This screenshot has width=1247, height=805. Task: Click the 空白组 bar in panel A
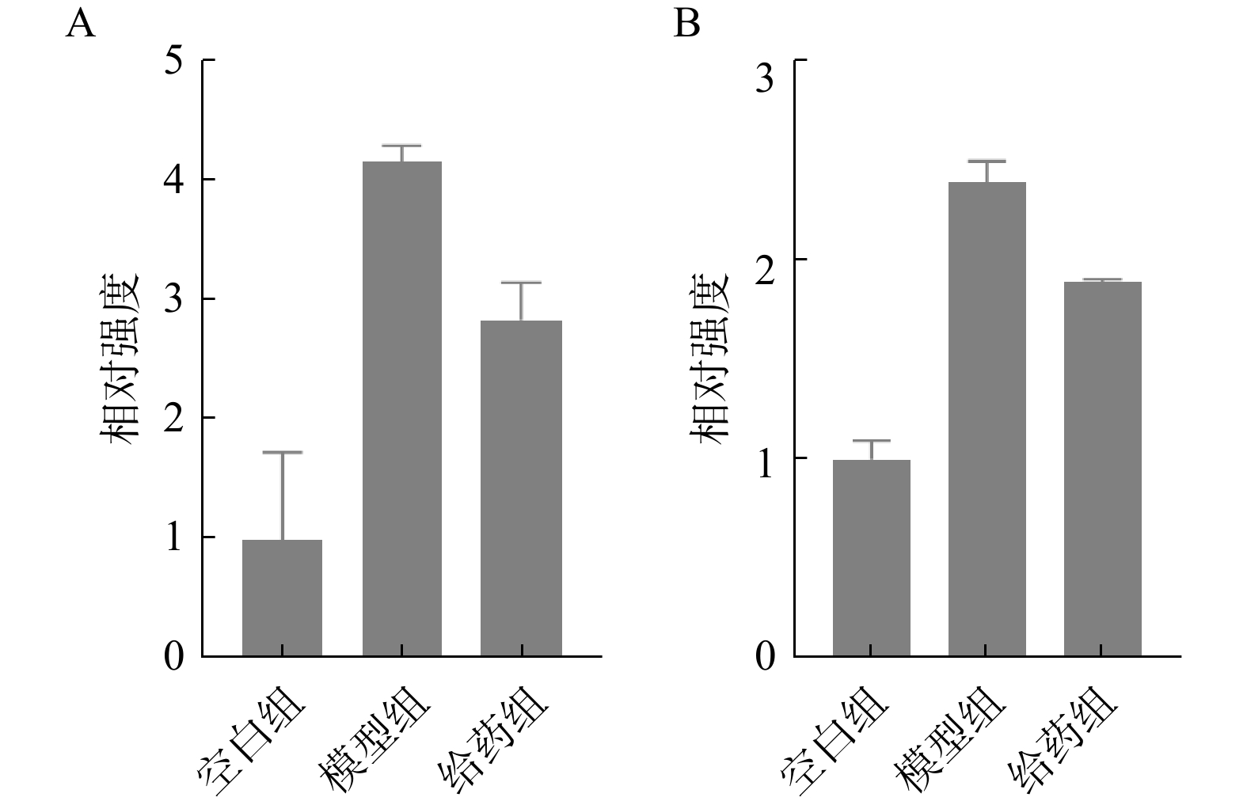(282, 598)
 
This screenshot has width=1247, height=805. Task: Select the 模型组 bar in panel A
(401, 408)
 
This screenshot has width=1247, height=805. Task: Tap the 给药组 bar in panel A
(521, 488)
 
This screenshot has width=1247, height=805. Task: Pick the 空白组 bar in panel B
(871, 557)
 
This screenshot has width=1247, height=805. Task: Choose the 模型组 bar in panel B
(987, 419)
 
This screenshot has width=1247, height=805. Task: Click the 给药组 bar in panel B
(1102, 469)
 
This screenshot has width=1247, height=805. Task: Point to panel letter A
(80, 25)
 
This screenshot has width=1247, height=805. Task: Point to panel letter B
(686, 25)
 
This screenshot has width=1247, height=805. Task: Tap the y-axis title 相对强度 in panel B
(709, 358)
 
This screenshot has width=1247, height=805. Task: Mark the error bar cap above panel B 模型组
(987, 161)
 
